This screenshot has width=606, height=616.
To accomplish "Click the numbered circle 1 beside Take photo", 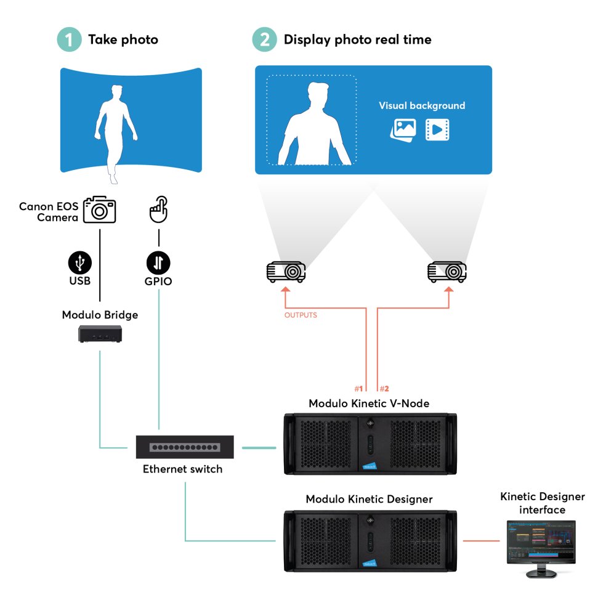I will point(69,40).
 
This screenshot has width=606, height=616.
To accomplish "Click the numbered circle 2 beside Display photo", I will point(264,40).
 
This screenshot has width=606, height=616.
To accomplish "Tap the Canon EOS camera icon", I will point(100,209).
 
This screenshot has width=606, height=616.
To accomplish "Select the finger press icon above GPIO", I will point(158,210).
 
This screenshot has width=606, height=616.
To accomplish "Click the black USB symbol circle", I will point(80,263).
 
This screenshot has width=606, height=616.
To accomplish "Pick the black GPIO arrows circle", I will point(158,263).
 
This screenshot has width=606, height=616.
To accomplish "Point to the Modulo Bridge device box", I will point(100,334).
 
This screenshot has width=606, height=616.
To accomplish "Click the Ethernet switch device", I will point(185,447).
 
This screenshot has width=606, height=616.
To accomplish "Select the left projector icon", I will point(285,271).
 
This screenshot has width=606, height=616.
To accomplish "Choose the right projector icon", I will point(447,271).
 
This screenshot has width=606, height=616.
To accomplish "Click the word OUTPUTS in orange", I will point(301,315).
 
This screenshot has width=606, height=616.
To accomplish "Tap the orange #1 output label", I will point(359,389).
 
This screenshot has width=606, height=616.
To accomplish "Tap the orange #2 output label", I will point(384,389).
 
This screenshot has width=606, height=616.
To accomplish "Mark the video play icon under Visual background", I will point(437,129).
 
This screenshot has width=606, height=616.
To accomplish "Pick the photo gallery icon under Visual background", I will point(403,129).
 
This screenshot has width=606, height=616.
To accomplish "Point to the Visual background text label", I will point(422,106).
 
